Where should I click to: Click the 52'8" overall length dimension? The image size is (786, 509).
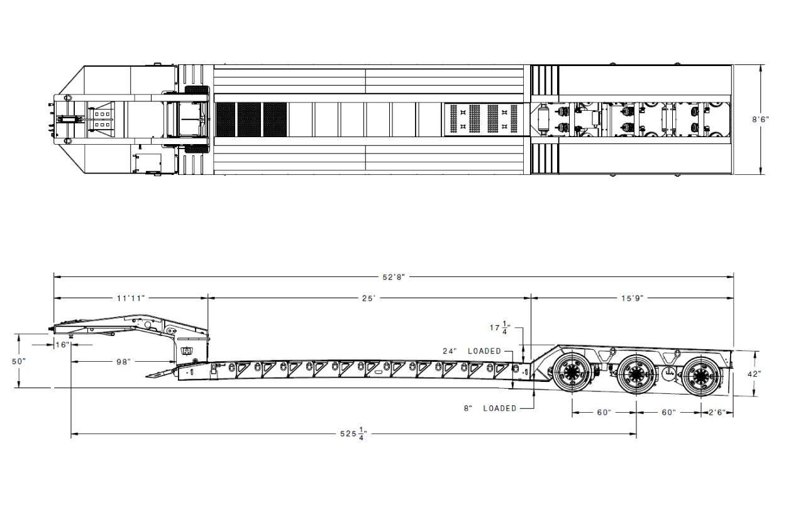(x=394, y=277)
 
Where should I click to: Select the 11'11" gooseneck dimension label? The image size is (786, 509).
(x=131, y=298)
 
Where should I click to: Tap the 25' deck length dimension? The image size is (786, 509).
(x=369, y=298)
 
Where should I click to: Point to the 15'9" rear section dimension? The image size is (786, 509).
(x=633, y=298)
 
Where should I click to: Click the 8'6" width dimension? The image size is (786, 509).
(x=760, y=120)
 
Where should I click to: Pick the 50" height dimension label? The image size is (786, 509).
(x=19, y=361)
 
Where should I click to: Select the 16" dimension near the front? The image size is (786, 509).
(x=62, y=345)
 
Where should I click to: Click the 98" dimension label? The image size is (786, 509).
(x=123, y=362)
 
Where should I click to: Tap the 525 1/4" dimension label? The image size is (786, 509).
(x=353, y=433)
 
